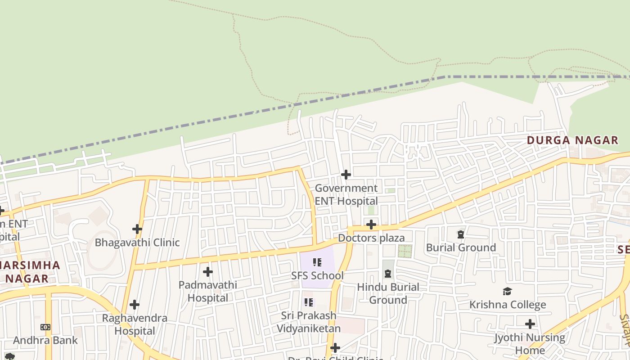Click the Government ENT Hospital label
[x=346, y=194]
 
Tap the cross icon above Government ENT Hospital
[x=346, y=174]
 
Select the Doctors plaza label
[x=371, y=238]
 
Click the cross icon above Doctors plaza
[x=371, y=224]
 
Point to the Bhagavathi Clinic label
[x=137, y=243]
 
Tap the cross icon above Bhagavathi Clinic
[x=137, y=229]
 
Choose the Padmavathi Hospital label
[x=207, y=291]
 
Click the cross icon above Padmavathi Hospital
[x=207, y=272]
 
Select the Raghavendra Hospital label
[x=135, y=324]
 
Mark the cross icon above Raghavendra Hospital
[x=135, y=305]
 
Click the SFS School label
[x=317, y=275]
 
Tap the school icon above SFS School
[x=317, y=262]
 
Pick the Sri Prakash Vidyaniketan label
[x=308, y=322]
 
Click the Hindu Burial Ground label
[x=388, y=293]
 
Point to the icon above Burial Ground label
[x=461, y=234]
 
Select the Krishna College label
[x=508, y=305]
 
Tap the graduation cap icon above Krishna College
[x=508, y=291]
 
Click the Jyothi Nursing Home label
[x=530, y=344]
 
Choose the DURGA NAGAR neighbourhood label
[x=572, y=140]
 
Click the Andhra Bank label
[x=45, y=340]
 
